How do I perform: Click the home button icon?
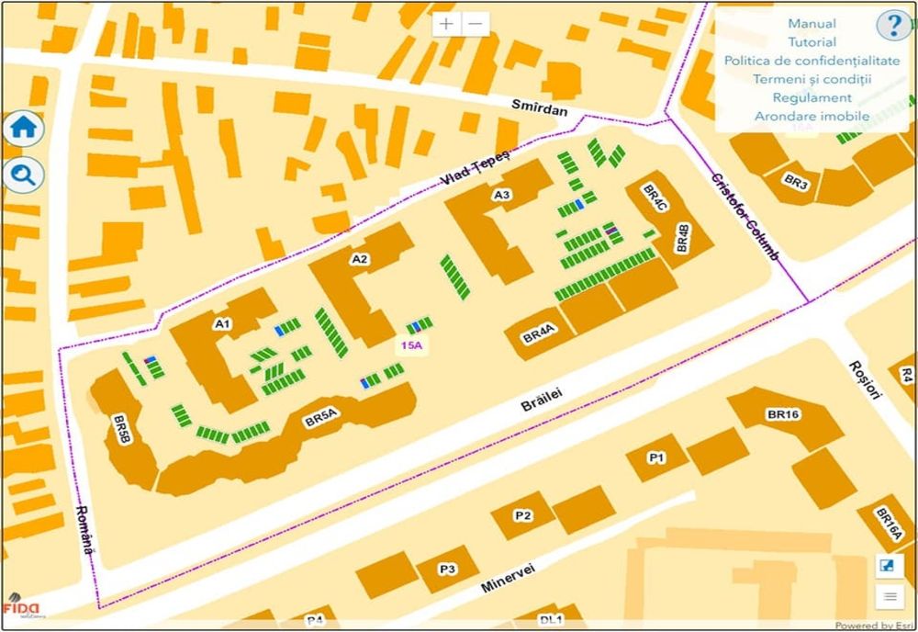pyautogui.click(x=23, y=129)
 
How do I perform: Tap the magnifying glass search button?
pyautogui.click(x=23, y=174)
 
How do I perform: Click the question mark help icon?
pyautogui.click(x=891, y=25)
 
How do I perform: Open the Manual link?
pyautogui.click(x=812, y=24)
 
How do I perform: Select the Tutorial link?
pyautogui.click(x=812, y=42)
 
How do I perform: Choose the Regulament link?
pyautogui.click(x=812, y=97)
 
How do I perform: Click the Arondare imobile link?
pyautogui.click(x=812, y=116)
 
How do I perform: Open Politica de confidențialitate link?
pyautogui.click(x=812, y=61)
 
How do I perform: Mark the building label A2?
pyautogui.click(x=359, y=260)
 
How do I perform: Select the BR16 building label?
pyautogui.click(x=783, y=415)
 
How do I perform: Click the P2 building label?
pyautogui.click(x=521, y=516)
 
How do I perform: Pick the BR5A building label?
pyautogui.click(x=322, y=420)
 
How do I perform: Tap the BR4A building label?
pyautogui.click(x=537, y=336)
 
